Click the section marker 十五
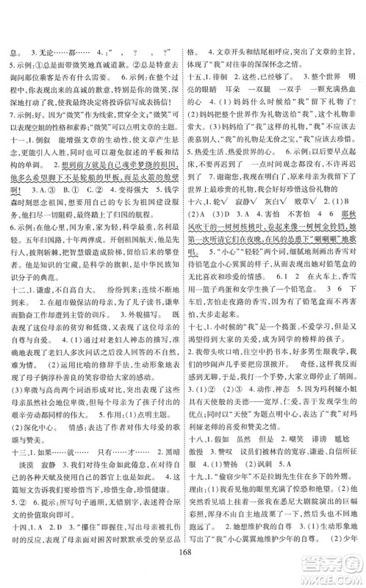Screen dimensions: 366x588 [x=195, y=95]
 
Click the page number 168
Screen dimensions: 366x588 [x=183, y=571]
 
